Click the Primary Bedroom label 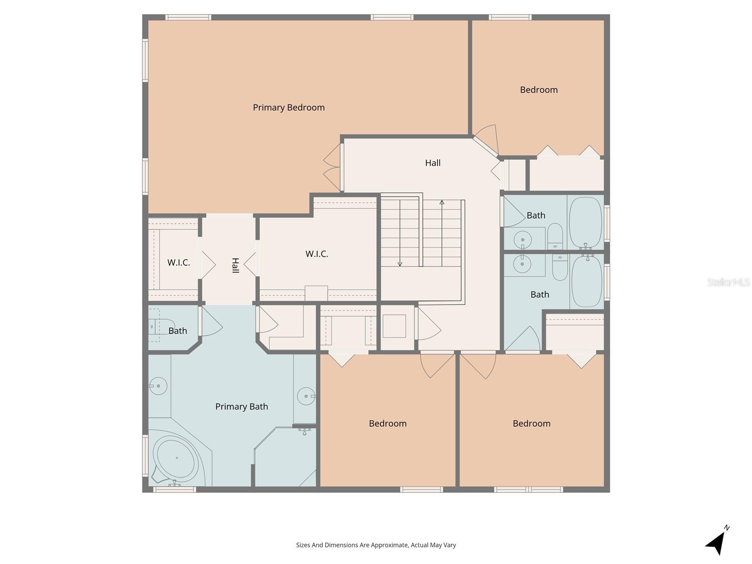click(x=289, y=108)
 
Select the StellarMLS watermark click(x=728, y=282)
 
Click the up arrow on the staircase click(x=442, y=203)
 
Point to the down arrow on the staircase click(x=400, y=263)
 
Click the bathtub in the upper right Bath click(x=586, y=222)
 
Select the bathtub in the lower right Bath click(x=586, y=281)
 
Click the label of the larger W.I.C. click(x=317, y=254)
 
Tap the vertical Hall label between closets click(x=235, y=266)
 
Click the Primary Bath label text click(x=242, y=407)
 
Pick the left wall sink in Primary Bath click(x=158, y=386)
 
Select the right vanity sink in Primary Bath click(x=306, y=396)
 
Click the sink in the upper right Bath click(x=523, y=240)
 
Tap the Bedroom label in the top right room click(x=539, y=90)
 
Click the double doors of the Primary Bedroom click(x=332, y=167)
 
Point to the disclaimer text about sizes click(x=376, y=545)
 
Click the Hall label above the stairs click(x=432, y=163)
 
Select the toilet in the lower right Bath click(x=560, y=268)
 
